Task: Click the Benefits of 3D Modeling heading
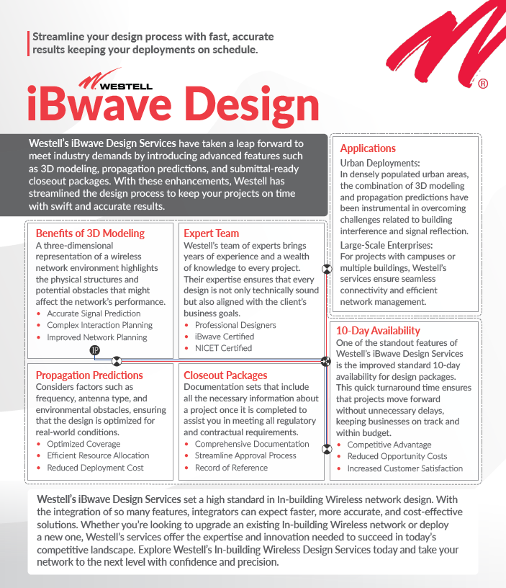[90, 233]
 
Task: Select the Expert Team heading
[211, 233]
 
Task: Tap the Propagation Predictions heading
[89, 375]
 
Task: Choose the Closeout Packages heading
[225, 375]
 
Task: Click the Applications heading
[368, 148]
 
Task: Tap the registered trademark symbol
[483, 84]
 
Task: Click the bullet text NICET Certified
[223, 348]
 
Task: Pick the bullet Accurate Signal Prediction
[94, 314]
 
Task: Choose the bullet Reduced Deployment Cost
[95, 468]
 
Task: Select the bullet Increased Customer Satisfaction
[405, 468]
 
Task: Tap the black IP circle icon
[95, 350]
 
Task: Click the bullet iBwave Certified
[224, 337]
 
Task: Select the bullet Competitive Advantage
[389, 445]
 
